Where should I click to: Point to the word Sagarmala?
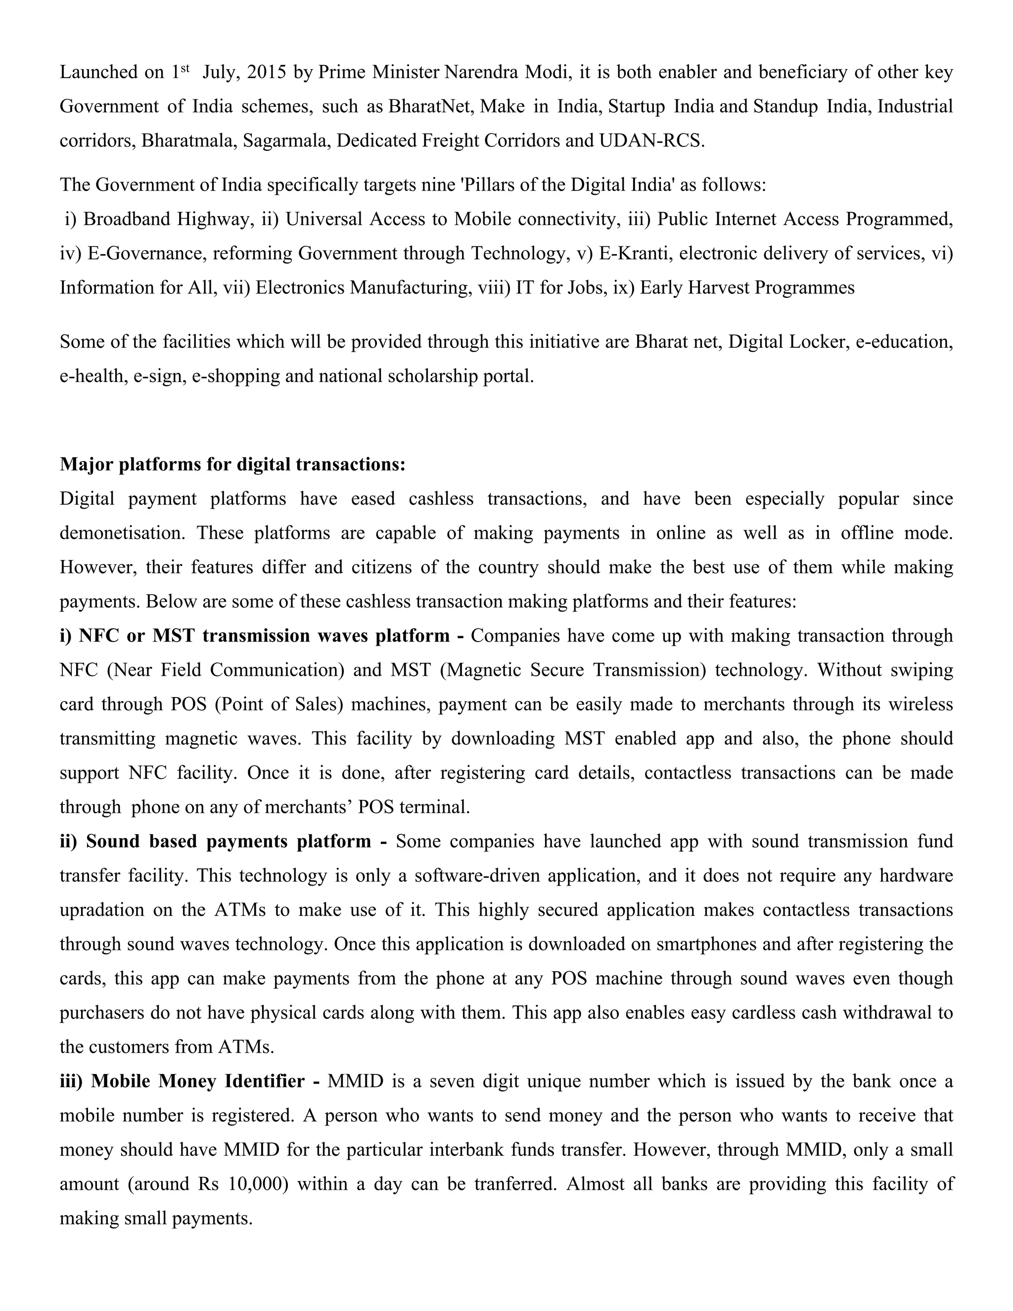click(x=284, y=140)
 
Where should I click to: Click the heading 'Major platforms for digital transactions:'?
click(x=233, y=464)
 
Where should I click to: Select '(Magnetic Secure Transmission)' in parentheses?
click(x=572, y=670)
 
